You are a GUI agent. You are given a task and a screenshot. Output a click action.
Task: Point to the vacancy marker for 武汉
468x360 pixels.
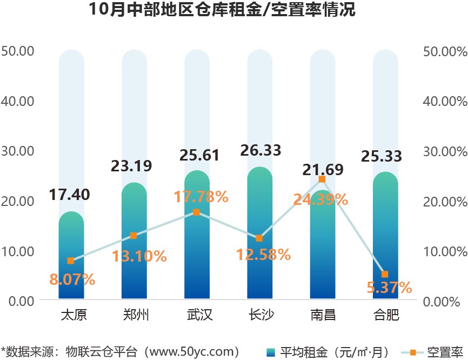(197, 212)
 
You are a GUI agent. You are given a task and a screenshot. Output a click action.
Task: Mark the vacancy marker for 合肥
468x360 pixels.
(385, 275)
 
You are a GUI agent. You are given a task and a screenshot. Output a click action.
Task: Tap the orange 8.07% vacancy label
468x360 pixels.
(72, 279)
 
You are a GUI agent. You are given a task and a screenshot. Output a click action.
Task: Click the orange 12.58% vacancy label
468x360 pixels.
(263, 254)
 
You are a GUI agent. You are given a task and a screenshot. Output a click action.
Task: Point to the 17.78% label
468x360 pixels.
(200, 197)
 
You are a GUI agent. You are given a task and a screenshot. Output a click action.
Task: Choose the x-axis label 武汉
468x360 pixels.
(197, 315)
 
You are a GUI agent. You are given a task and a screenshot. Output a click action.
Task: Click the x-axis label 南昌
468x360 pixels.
(322, 315)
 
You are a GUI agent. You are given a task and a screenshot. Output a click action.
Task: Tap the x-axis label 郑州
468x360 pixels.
(134, 315)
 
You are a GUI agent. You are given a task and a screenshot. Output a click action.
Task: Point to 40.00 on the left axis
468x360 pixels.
(18, 101)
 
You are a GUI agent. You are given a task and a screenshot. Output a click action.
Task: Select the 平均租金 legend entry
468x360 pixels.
(327, 352)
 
